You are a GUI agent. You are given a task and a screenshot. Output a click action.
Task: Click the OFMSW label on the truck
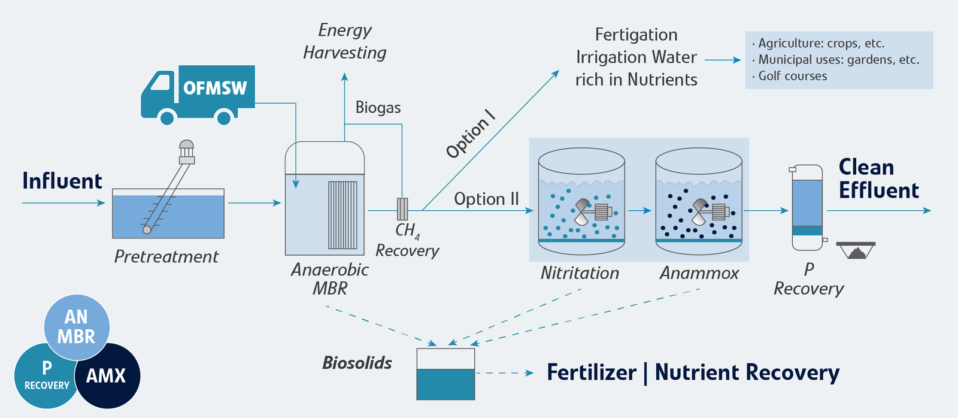(215, 88)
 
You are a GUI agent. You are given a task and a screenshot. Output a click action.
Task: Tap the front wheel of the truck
(166, 117)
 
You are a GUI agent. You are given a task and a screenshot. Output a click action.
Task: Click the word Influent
(62, 181)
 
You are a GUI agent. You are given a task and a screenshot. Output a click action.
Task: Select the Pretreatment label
(166, 257)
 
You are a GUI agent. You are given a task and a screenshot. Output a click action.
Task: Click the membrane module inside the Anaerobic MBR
(342, 215)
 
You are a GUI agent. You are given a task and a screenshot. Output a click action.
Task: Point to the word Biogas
(378, 108)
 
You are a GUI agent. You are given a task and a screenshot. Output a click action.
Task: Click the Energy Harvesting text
(345, 41)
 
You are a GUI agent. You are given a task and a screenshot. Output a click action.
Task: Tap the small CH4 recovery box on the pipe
(402, 208)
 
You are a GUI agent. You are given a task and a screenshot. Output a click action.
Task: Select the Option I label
(471, 134)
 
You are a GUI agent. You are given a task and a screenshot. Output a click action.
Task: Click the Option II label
(486, 199)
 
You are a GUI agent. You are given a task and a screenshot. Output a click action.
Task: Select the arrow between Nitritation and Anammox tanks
(639, 211)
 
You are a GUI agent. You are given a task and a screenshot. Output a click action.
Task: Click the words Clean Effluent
(878, 178)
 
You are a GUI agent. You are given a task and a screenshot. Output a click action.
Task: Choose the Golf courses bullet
(792, 76)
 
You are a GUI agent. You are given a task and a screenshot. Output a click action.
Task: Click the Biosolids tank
(445, 374)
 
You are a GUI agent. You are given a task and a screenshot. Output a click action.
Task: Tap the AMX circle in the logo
(107, 376)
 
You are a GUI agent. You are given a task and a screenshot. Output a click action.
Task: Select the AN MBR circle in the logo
(77, 326)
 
